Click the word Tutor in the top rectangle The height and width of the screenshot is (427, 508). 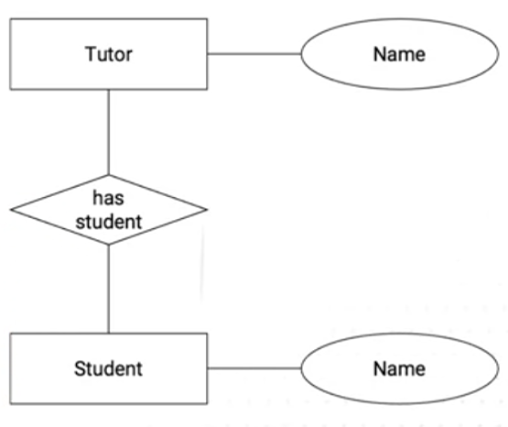pos(109,54)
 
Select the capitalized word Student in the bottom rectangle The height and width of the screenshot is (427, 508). pos(108,368)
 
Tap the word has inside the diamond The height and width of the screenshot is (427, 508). pos(108,198)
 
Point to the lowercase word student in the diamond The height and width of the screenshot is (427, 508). pos(109,222)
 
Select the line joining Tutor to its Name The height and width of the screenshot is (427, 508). pos(254,54)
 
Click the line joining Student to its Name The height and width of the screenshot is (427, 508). pos(254,368)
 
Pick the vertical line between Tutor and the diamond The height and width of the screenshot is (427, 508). pos(109,132)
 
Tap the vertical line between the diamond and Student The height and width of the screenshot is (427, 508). pos(109,289)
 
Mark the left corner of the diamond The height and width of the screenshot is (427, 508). pos(11,210)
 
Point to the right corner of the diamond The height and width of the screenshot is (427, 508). pos(207,210)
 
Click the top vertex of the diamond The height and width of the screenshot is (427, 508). pos(109,175)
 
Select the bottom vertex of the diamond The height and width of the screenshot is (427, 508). pos(109,244)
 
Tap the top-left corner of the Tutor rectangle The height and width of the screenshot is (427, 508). pos(10,19)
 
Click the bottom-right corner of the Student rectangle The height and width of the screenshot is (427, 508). pos(207,404)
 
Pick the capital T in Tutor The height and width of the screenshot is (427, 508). pos(91,54)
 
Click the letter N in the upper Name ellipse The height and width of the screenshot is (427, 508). pos(380,54)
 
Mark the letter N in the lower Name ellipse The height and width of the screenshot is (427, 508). pos(380,369)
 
